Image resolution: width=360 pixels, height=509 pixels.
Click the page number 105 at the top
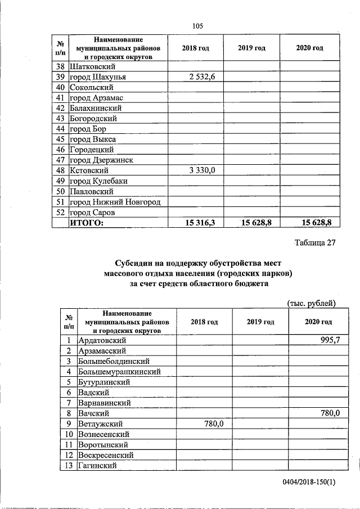197,26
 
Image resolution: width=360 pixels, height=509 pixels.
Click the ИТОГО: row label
87,223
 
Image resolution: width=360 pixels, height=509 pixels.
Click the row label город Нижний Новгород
115,202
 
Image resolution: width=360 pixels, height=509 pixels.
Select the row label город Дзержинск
101,160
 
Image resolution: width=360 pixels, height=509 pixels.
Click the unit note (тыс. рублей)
311,303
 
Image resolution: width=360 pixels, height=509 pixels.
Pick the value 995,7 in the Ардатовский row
328,340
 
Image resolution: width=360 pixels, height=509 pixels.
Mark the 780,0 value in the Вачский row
328,413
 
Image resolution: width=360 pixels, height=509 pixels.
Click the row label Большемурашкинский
120,372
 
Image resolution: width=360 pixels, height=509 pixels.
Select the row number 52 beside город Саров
60,213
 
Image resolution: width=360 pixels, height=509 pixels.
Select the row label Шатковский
93,66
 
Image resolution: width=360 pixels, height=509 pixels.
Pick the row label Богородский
93,119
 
